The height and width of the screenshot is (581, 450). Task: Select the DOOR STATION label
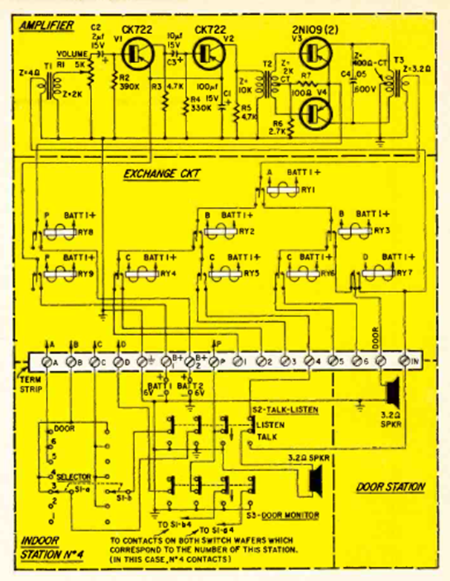click(390, 487)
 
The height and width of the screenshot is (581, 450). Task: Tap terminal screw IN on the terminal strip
click(405, 362)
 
